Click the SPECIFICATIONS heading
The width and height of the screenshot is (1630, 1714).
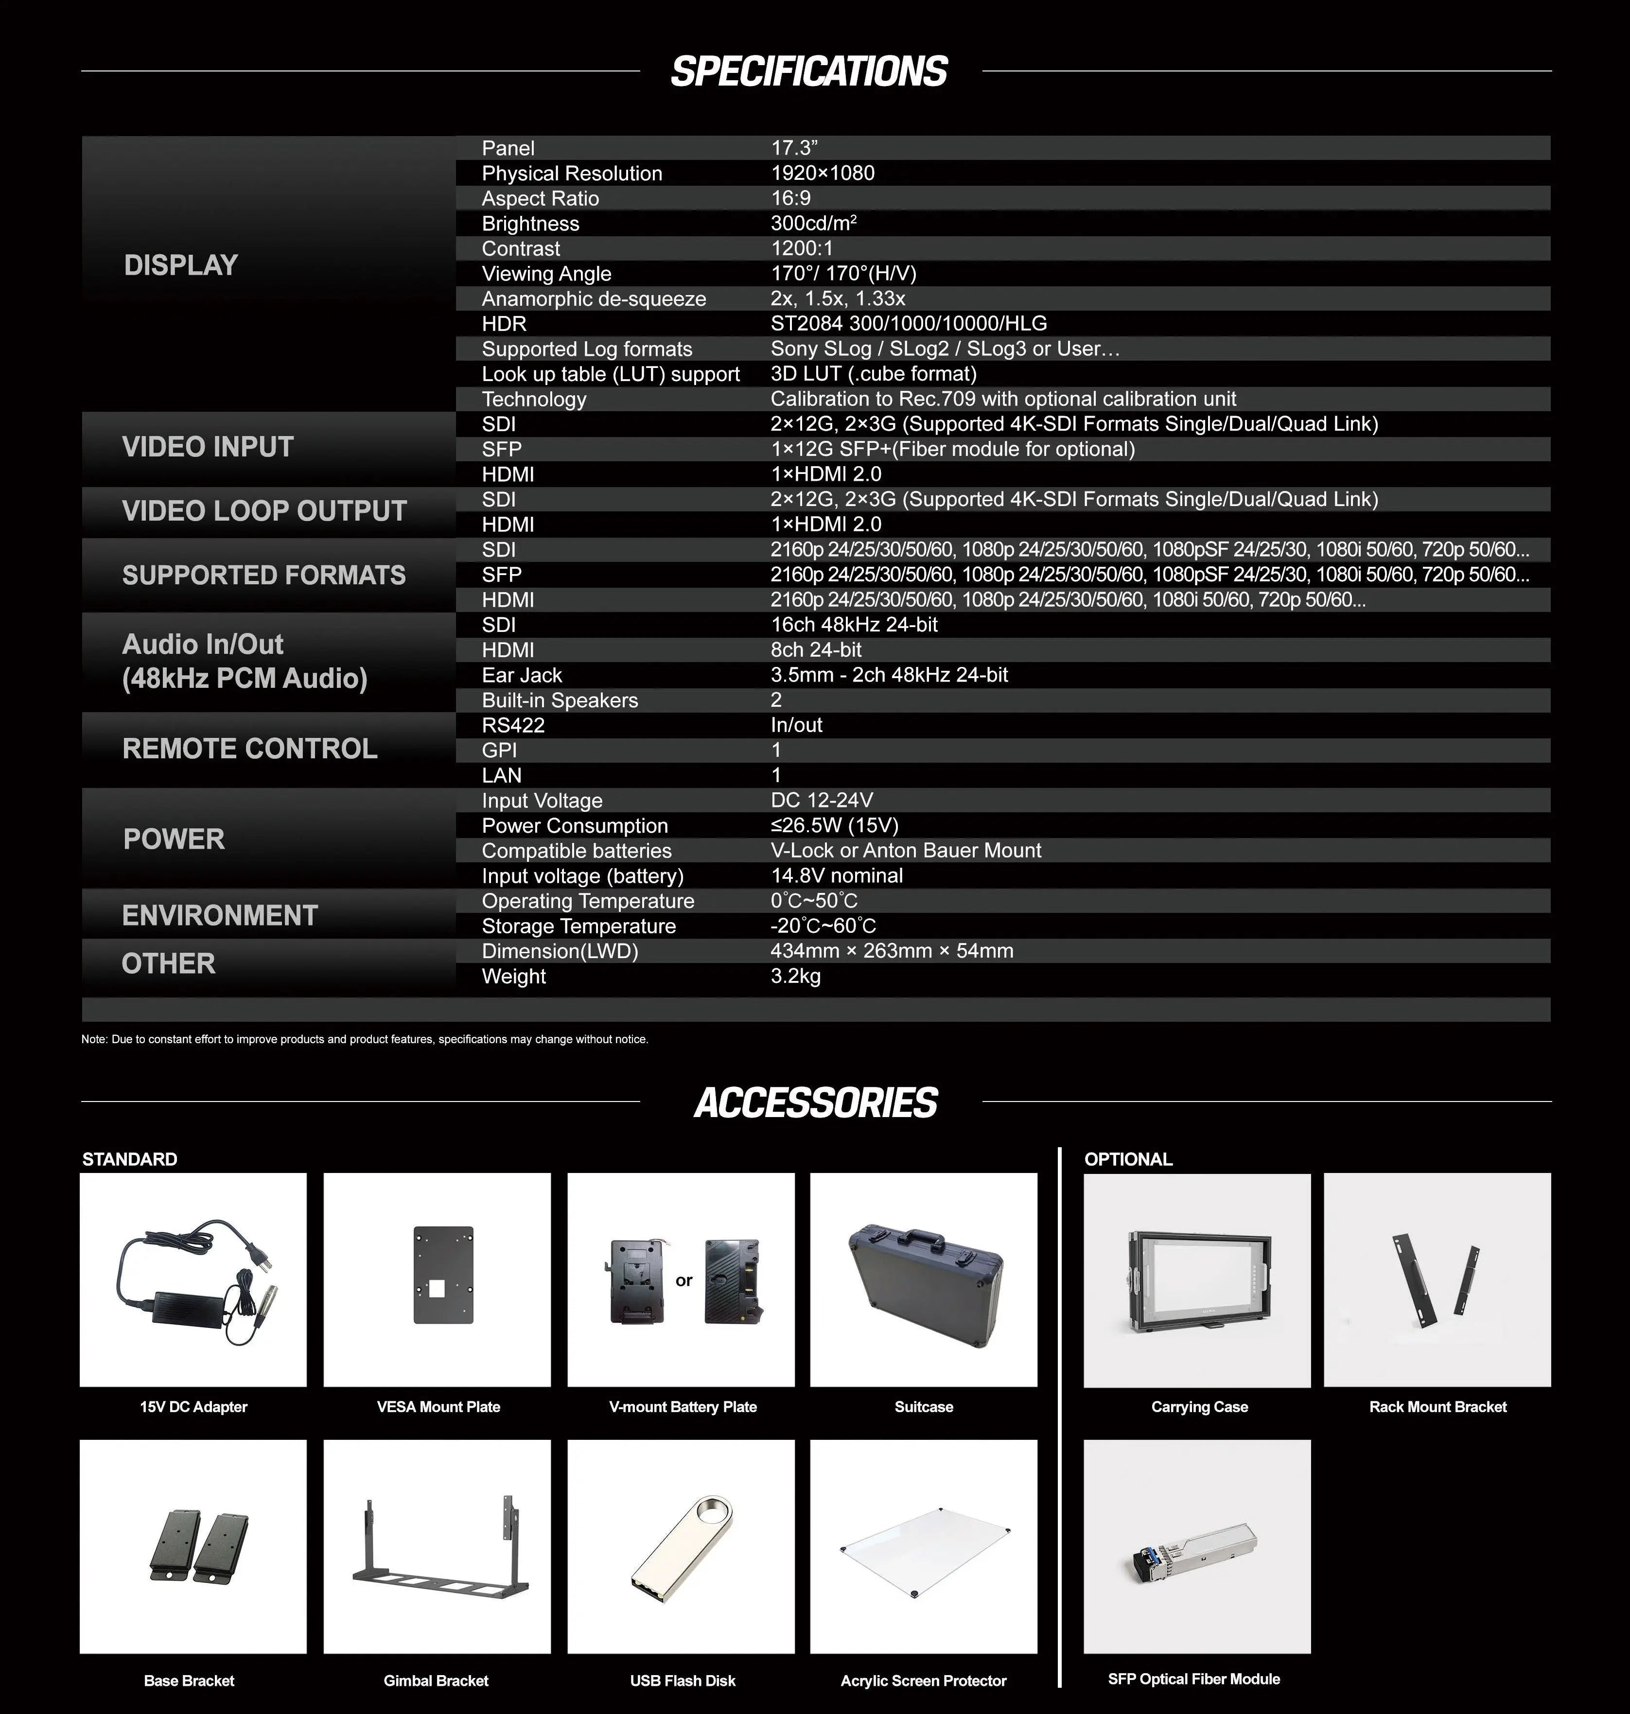point(809,71)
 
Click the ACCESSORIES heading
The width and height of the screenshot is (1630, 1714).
point(815,1102)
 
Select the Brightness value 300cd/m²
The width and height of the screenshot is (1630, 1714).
point(813,223)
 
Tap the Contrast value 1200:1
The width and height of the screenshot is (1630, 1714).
point(801,248)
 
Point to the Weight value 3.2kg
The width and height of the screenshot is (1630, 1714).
point(795,977)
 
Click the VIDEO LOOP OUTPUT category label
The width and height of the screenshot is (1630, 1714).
point(264,511)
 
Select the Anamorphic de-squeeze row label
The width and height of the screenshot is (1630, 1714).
point(594,299)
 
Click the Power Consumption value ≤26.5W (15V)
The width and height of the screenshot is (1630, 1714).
point(834,825)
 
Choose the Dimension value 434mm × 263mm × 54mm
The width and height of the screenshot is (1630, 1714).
point(892,951)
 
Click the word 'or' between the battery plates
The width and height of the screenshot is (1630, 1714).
point(684,1280)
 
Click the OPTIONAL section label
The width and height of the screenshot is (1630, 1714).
point(1128,1159)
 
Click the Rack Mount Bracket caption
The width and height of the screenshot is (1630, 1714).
point(1437,1406)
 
